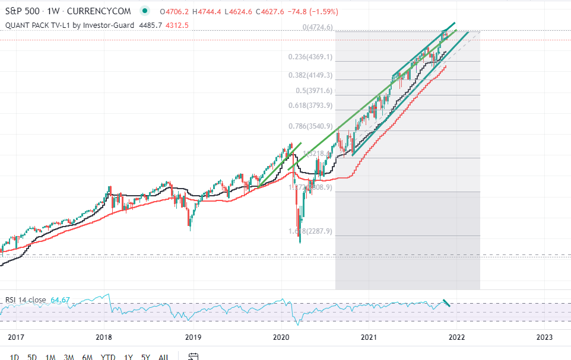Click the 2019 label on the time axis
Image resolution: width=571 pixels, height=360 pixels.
tap(193, 337)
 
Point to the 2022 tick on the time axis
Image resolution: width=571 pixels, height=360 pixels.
tap(456, 337)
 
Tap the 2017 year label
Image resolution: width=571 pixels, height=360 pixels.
tap(16, 337)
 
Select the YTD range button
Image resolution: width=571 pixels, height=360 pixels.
tap(108, 356)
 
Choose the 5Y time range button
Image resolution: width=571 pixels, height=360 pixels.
tap(145, 356)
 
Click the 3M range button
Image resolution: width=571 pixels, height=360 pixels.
tap(69, 356)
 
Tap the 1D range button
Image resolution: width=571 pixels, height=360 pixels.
tap(15, 356)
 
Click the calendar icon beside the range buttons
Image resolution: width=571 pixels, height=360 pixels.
tap(192, 356)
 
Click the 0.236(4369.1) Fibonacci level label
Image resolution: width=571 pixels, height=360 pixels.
tap(310, 58)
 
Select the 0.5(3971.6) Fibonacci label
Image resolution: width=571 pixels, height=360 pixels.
tap(315, 91)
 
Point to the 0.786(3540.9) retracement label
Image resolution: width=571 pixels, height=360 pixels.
tap(310, 126)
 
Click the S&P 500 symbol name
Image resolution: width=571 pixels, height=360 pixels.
tap(22, 11)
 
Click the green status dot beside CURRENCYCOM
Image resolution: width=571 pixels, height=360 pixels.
tap(145, 11)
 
